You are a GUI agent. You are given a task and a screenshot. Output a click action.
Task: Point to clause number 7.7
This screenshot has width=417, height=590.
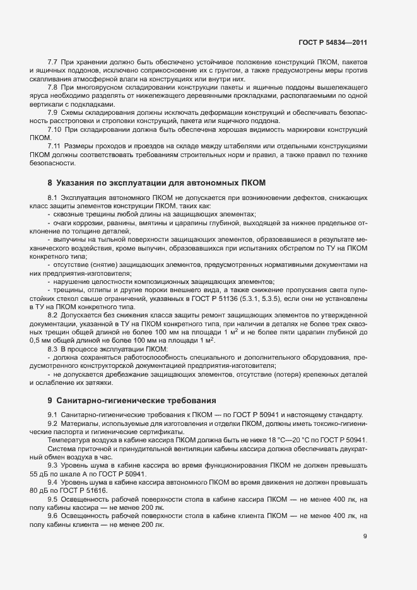[52, 62]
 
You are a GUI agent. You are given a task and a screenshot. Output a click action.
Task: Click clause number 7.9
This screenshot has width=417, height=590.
[52, 112]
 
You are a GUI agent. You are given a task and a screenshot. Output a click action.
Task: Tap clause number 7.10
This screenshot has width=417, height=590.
[54, 129]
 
